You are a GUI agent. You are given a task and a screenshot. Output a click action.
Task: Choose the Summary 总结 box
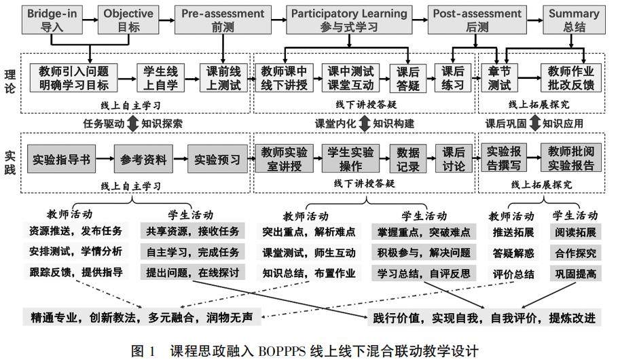coord(574,19)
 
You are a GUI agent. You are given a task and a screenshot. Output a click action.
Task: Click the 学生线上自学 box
coord(160,78)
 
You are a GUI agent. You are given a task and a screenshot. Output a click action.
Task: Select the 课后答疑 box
coord(407,78)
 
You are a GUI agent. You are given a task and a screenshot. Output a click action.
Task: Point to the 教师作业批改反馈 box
coord(572,78)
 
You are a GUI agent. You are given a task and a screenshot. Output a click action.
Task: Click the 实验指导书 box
coord(61,160)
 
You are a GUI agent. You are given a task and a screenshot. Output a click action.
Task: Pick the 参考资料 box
coord(143,160)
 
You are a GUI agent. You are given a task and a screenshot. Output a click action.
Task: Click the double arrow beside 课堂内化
coord(365,124)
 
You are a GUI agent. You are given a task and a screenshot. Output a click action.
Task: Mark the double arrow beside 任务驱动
coord(132,124)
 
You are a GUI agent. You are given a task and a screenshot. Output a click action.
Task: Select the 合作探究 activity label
coord(575,253)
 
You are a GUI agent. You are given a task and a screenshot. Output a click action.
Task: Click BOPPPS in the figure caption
coord(278,350)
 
